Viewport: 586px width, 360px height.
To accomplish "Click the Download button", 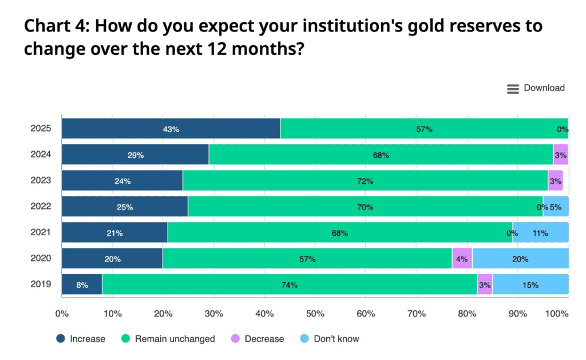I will click(536, 88).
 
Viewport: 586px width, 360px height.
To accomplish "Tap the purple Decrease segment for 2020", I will click(462, 259).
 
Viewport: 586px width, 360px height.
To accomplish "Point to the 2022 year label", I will click(41, 207).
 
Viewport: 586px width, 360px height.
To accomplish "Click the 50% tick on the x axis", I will click(315, 314).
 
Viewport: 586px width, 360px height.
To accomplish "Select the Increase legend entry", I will click(81, 339).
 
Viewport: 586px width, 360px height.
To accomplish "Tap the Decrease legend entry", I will click(257, 339).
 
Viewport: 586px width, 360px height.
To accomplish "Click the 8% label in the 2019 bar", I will click(82, 285).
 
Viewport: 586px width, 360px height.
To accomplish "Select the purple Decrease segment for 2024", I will click(560, 155).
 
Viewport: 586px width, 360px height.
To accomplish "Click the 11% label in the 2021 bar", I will click(540, 233).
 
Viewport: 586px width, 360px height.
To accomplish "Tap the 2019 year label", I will click(41, 284).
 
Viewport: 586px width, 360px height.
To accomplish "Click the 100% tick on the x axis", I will click(557, 314).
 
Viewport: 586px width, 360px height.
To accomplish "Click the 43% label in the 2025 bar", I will click(171, 129).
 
